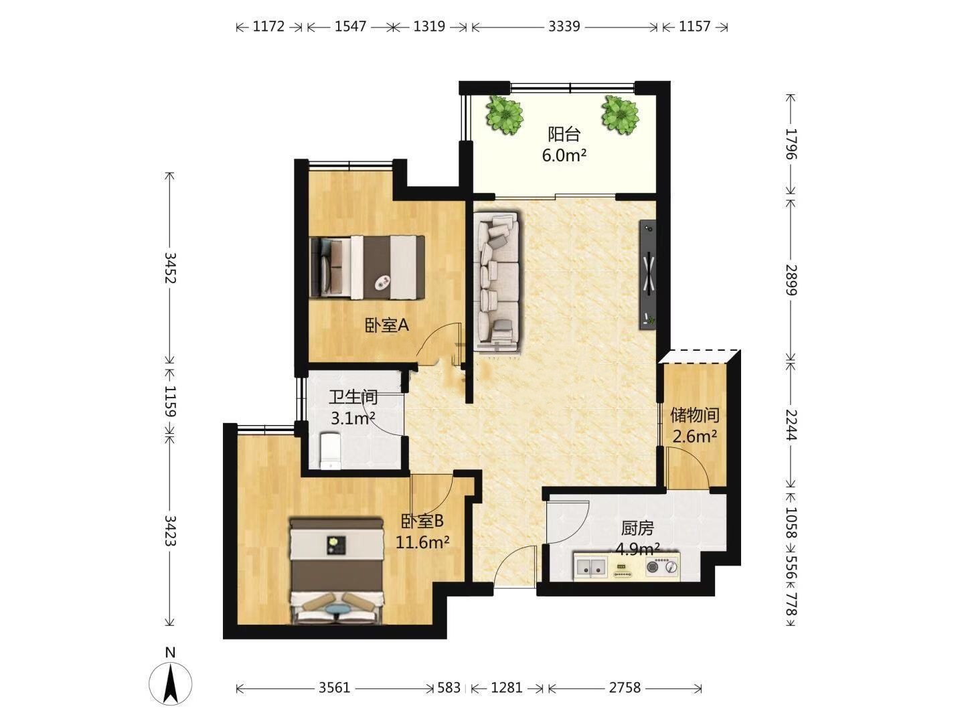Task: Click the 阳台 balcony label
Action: (564, 134)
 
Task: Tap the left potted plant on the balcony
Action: (505, 115)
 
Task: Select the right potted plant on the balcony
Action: (620, 115)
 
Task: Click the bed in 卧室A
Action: (367, 267)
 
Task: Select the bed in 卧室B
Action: (337, 570)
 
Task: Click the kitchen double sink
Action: (590, 567)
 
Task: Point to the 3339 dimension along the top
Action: (564, 27)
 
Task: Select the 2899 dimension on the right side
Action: (791, 280)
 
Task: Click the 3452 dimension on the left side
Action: (169, 268)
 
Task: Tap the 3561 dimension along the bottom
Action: (334, 688)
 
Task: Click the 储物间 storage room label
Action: (694, 415)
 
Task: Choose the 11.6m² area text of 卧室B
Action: (422, 543)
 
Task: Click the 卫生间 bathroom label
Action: (353, 398)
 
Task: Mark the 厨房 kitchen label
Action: (637, 529)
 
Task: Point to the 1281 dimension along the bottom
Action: (506, 688)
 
